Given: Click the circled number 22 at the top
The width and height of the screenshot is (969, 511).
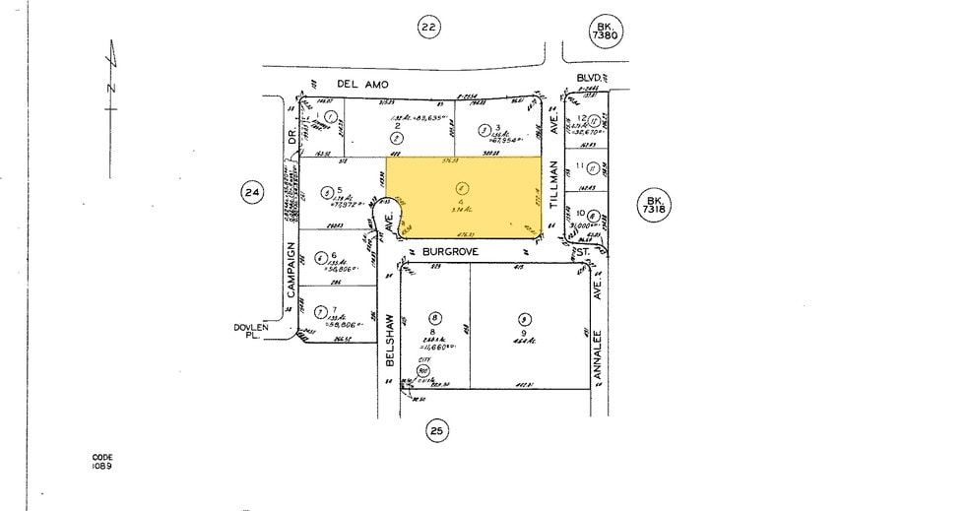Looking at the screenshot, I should [426, 27].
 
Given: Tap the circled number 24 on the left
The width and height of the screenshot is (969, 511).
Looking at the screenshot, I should [252, 193].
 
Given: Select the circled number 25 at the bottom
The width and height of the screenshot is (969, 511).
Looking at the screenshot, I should [437, 429].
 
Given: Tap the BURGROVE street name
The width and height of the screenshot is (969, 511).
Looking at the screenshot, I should [452, 252].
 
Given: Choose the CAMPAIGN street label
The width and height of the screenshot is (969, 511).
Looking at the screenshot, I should [291, 277].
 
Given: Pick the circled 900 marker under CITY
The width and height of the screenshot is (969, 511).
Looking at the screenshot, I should [424, 371].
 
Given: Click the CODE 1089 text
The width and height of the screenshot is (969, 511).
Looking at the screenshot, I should [102, 461].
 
